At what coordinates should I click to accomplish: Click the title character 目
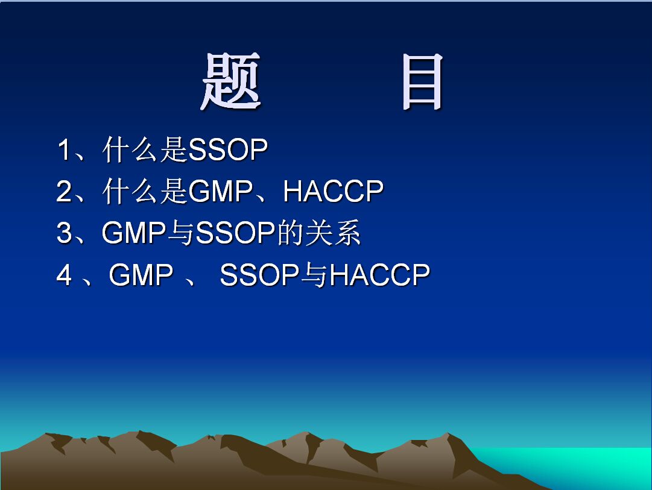click(422, 82)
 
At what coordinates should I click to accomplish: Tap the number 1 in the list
click(64, 149)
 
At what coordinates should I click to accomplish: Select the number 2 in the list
click(64, 191)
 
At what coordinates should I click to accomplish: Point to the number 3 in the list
click(64, 232)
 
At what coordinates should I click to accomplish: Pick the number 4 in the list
click(65, 274)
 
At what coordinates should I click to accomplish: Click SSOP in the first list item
click(228, 149)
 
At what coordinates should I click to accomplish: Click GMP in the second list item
click(220, 191)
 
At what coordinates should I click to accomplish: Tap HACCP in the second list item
click(333, 191)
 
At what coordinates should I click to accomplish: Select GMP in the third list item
click(134, 232)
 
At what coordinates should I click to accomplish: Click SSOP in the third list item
click(235, 232)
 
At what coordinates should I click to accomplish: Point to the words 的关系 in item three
click(318, 232)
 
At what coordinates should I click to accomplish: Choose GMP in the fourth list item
click(141, 274)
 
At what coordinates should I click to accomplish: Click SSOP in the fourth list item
click(259, 274)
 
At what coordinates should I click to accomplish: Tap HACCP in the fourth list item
click(379, 274)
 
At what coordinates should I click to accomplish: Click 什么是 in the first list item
click(145, 149)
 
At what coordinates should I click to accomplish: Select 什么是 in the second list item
click(145, 191)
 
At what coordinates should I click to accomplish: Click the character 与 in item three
click(181, 233)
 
